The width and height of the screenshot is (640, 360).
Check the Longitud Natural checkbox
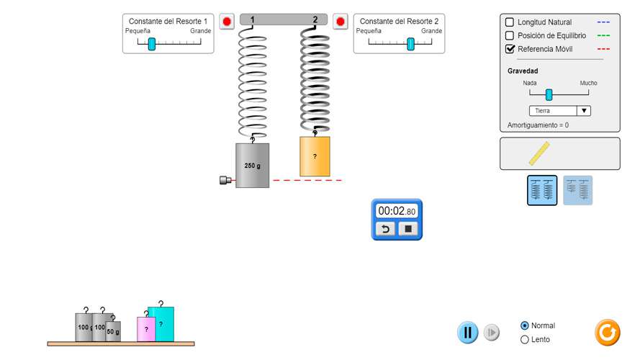(x=510, y=22)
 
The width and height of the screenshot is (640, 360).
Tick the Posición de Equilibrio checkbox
(x=510, y=35)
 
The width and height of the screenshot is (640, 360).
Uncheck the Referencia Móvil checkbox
(x=510, y=49)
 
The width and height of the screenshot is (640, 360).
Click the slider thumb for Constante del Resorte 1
(x=152, y=44)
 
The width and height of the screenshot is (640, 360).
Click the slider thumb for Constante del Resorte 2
(x=410, y=44)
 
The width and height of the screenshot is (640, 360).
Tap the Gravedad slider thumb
(x=549, y=94)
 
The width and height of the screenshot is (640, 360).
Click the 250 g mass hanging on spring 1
(x=252, y=166)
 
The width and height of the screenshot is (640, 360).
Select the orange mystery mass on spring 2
(x=315, y=157)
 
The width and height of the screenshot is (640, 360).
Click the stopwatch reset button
(x=385, y=229)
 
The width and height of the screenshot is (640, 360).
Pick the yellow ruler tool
(x=539, y=153)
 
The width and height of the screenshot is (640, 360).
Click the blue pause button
(x=467, y=333)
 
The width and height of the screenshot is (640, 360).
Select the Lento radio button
(x=524, y=339)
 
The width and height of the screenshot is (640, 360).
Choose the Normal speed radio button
(x=524, y=325)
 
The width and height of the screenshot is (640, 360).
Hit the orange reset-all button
(x=607, y=332)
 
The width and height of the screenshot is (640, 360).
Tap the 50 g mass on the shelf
(x=114, y=331)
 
